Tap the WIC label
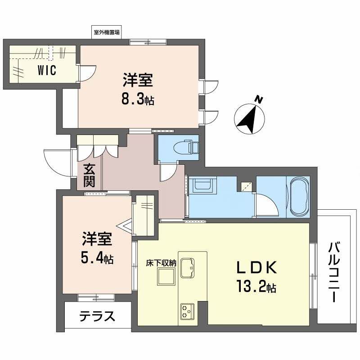(47, 71)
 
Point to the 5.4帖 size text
(97, 259)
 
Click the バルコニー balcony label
(333, 272)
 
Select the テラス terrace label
(97, 317)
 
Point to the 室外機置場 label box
(107, 32)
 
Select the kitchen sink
(189, 269)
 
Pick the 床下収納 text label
(160, 263)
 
